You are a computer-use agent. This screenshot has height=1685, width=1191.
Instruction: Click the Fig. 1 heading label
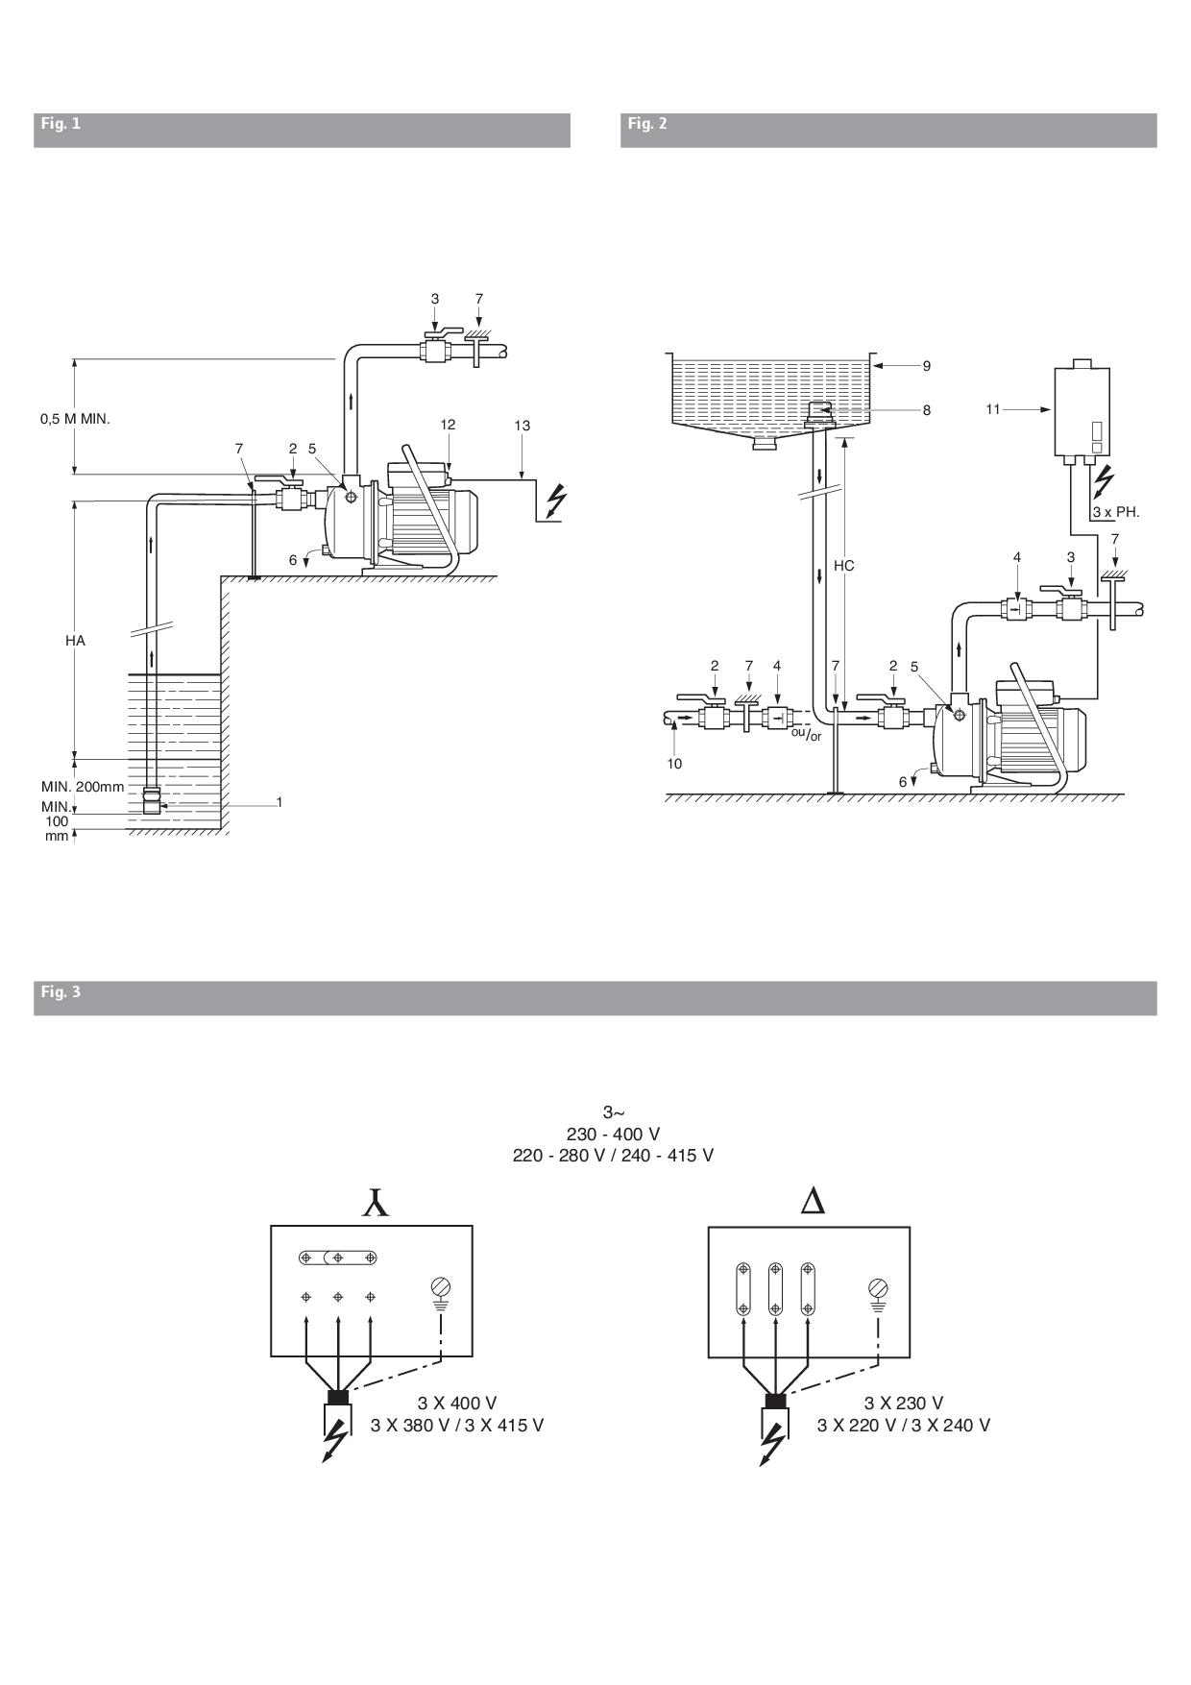(x=60, y=123)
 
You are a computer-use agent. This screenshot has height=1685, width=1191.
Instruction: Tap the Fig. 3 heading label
(x=60, y=990)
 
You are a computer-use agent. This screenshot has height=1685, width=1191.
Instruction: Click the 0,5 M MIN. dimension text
(x=75, y=419)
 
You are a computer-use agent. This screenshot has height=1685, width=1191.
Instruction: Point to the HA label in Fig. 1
(x=76, y=640)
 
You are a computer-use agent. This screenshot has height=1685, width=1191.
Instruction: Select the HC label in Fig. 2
(x=843, y=566)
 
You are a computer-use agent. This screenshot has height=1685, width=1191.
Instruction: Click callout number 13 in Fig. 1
(x=522, y=425)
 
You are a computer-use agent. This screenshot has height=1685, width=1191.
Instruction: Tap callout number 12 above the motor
(x=449, y=425)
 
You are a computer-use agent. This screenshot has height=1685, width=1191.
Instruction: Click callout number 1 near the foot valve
(x=280, y=800)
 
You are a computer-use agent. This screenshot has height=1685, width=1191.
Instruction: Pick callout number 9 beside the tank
(x=926, y=366)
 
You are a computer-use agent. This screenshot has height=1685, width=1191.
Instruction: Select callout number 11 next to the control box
(x=993, y=409)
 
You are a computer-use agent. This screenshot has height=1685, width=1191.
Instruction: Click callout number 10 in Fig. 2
(x=674, y=764)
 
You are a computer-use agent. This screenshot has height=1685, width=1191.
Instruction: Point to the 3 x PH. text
(x=1116, y=512)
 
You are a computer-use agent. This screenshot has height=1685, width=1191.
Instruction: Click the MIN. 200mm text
(x=83, y=787)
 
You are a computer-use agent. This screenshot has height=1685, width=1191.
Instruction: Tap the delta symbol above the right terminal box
(x=813, y=1202)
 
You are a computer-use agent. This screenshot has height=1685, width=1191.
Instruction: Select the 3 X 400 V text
(x=457, y=1404)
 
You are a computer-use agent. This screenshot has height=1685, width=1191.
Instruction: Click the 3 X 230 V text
(x=904, y=1404)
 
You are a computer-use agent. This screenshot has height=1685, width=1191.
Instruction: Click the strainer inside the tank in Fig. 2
(x=818, y=413)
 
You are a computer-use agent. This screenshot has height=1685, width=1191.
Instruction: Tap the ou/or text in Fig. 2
(x=806, y=734)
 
